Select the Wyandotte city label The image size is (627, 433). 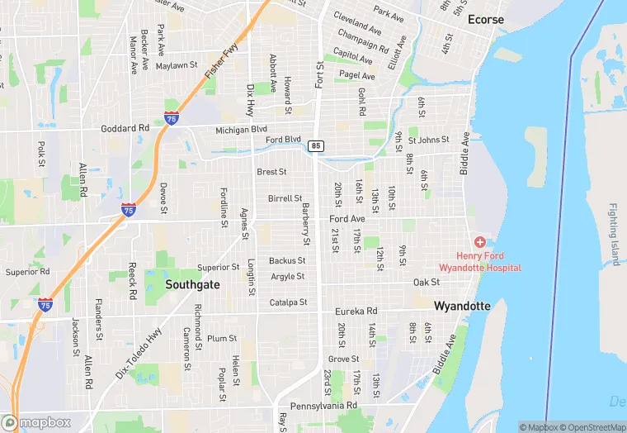coord(462,306)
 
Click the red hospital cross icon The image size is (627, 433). coord(479,240)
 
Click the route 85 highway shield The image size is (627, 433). coord(316,145)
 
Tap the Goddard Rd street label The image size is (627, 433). coord(125,128)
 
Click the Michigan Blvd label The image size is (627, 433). coord(242,130)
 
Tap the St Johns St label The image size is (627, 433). coord(429,140)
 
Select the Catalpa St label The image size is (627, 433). coord(288,302)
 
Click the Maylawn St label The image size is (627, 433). coord(177,65)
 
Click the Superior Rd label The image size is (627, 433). coord(27,272)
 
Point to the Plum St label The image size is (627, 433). coord(222,338)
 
